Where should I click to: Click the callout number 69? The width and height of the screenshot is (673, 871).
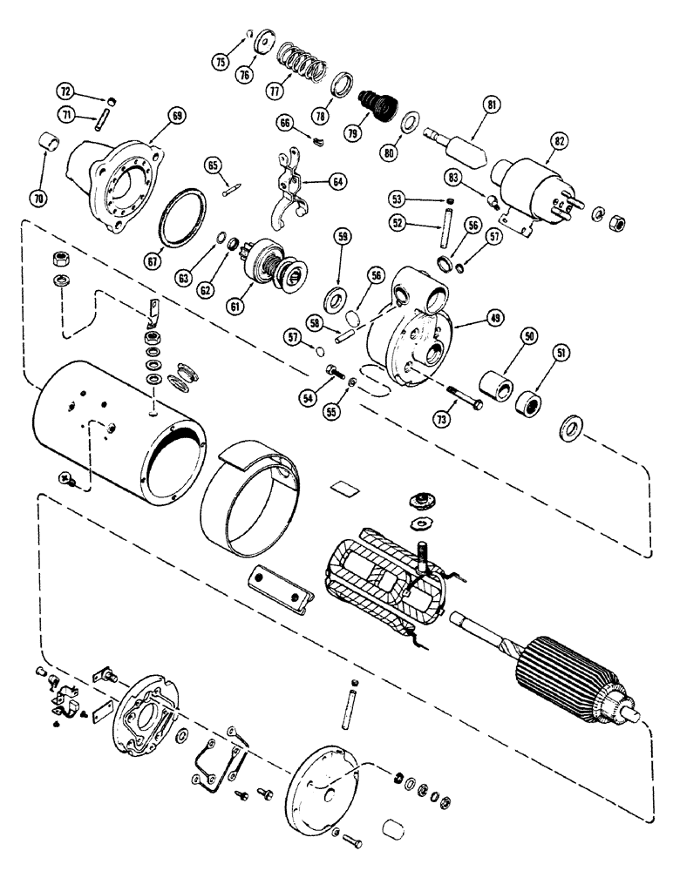178,115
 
